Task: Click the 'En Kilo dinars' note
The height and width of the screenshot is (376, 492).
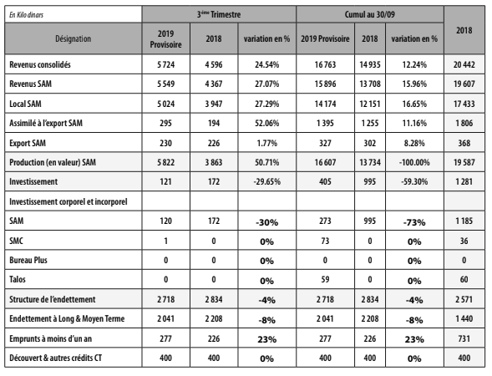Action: click(27, 15)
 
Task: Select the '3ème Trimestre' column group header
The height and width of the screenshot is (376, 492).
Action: click(219, 14)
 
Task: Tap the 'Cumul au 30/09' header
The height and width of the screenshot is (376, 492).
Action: click(370, 14)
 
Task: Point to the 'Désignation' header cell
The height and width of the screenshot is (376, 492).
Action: click(74, 38)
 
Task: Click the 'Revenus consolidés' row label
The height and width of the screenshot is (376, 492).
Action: click(40, 64)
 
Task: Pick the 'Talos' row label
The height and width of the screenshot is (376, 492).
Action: click(18, 279)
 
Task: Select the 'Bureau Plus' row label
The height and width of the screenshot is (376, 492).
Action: click(28, 260)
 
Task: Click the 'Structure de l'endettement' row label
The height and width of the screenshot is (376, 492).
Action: click(53, 299)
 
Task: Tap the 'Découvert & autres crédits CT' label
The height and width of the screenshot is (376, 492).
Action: click(55, 358)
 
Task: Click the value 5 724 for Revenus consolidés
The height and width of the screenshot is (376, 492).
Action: click(165, 64)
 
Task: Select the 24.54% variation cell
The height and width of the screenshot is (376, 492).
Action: click(266, 64)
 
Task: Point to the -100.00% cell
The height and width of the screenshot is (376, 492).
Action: click(414, 162)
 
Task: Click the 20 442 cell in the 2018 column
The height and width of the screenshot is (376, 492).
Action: click(464, 64)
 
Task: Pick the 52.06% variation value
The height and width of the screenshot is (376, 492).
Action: click(266, 123)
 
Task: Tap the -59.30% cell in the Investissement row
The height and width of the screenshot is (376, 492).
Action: click(414, 181)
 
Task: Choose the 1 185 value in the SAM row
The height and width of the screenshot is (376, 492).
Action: click(464, 221)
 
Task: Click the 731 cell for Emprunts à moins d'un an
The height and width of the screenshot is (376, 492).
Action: click(464, 338)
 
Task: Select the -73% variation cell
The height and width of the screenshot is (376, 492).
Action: click(414, 222)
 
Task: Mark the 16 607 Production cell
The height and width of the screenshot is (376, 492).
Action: click(325, 162)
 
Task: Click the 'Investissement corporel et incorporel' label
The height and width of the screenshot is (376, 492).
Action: click(68, 201)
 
